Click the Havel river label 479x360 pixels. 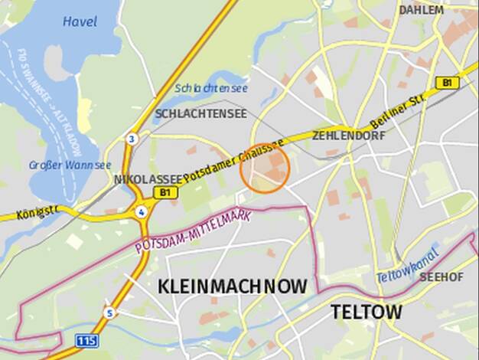click(80, 21)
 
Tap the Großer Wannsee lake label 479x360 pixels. click(70, 165)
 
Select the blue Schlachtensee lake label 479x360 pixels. click(211, 88)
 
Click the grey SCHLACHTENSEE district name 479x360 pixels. click(200, 113)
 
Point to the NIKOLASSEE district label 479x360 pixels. click(148, 179)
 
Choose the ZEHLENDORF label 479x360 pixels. click(348, 136)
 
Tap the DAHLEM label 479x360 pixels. click(421, 10)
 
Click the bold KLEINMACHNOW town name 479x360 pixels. click(233, 287)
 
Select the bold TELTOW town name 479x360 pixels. click(366, 312)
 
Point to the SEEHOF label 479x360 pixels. click(442, 277)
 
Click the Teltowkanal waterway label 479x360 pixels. click(407, 265)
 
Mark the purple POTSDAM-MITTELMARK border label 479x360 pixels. click(193, 231)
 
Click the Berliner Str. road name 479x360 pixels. click(396, 112)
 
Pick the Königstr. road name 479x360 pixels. click(37, 211)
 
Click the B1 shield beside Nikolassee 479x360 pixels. click(164, 193)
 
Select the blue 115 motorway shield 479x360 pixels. click(86, 339)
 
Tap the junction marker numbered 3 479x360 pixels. click(132, 139)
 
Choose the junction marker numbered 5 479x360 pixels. click(110, 313)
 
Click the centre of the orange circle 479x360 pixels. click(265, 168)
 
